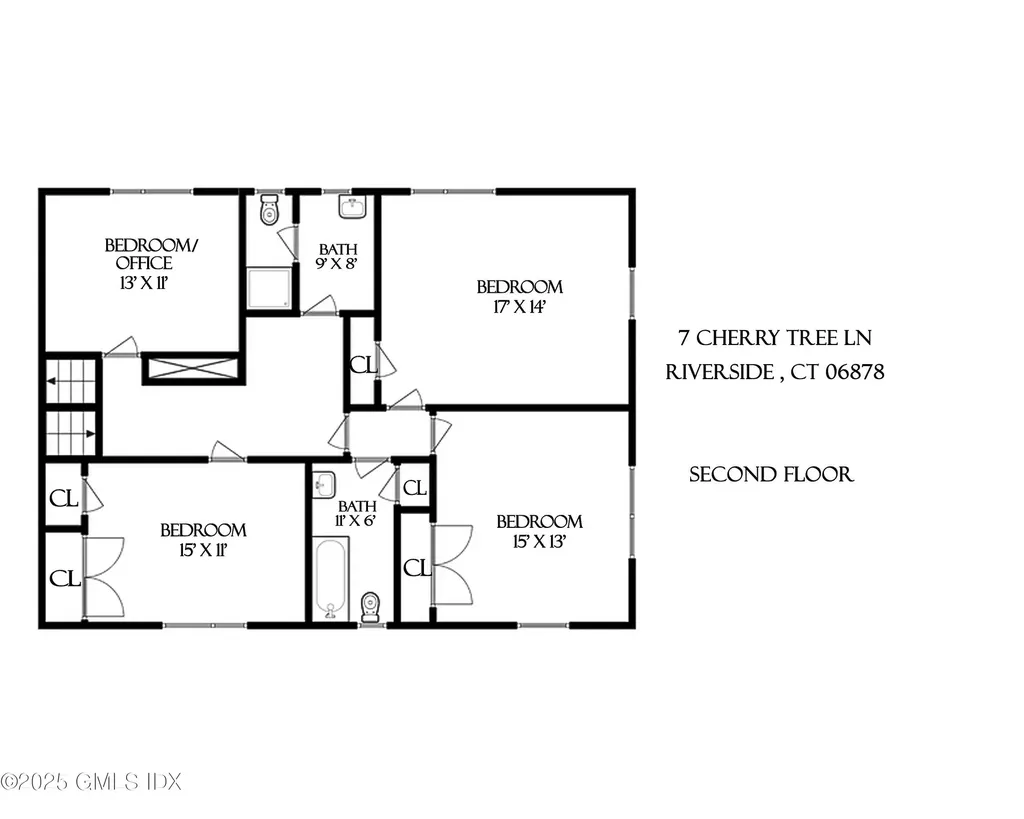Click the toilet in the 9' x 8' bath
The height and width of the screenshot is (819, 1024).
coord(269,211)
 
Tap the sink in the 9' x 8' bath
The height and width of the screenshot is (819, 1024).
coord(352,207)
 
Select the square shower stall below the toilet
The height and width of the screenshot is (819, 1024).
coord(271,289)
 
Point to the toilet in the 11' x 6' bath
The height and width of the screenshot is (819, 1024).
coord(371,605)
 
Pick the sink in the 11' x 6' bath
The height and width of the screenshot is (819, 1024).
coord(322,486)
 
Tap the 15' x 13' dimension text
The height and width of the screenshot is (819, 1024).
coord(539,542)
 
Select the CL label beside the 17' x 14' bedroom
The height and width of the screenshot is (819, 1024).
coord(362,365)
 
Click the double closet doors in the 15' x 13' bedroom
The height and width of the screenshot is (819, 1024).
coord(452,565)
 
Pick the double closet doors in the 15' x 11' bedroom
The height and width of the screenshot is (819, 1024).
coord(103,576)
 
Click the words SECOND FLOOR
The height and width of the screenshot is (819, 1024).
coord(771,474)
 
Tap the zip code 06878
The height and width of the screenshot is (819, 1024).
coord(852,372)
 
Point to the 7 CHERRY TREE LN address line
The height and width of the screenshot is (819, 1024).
coord(775,339)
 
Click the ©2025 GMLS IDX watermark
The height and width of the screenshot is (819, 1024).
coord(91,781)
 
